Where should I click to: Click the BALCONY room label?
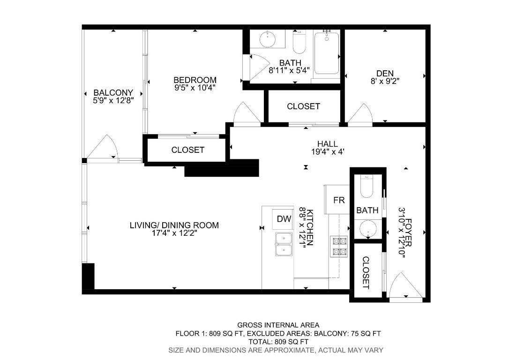[x=113, y=93]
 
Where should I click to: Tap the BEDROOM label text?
[x=195, y=80]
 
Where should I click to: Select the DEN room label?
[x=384, y=74]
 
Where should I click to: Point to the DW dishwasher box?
[x=284, y=219]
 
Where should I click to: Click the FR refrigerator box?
[x=338, y=200]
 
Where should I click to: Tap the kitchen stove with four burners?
[x=339, y=247]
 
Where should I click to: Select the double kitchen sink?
[x=284, y=245]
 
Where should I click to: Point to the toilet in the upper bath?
[x=299, y=43]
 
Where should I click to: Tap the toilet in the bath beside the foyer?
[x=367, y=187]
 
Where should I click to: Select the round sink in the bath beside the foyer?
[x=367, y=229]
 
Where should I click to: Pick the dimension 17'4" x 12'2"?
[x=174, y=233]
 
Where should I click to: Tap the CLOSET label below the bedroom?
[x=187, y=150]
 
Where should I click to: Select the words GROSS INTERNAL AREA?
[x=278, y=325]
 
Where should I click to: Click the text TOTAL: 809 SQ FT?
[x=278, y=342]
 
